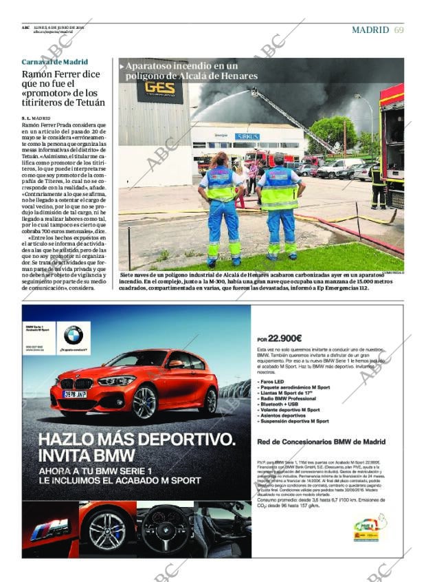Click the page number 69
point(399,30)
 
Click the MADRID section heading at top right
point(370,30)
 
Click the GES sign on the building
point(159,88)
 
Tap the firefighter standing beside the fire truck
point(377,186)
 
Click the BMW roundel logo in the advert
point(73,335)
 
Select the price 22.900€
point(284,338)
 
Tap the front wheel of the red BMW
point(144,403)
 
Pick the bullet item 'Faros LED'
point(271,381)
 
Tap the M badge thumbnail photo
point(51,530)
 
